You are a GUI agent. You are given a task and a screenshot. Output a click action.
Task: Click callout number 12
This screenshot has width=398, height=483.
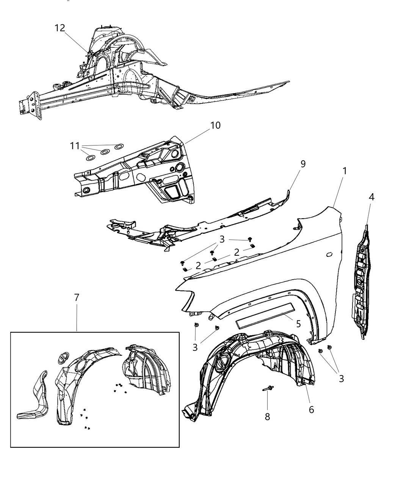60,28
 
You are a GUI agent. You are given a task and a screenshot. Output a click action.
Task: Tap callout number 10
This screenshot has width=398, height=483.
215,125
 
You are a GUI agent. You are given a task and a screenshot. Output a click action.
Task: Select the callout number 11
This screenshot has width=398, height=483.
75,145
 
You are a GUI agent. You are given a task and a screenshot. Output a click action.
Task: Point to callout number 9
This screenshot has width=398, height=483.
303,164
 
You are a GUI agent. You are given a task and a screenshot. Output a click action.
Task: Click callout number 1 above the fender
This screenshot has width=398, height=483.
344,171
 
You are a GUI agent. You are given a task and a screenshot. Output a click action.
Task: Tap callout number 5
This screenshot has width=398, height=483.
298,324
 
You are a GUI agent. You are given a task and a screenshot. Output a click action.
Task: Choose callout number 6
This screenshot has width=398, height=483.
311,410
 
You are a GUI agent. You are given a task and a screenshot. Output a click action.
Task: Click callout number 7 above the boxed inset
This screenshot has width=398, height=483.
77,298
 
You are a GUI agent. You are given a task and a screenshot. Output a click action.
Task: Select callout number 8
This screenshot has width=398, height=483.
267,417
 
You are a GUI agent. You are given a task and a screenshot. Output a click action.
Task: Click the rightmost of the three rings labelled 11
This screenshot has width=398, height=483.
119,147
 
